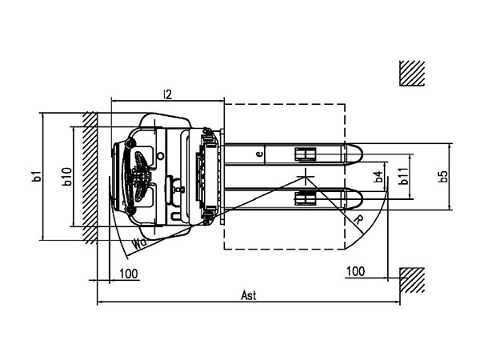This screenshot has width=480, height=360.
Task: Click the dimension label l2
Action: click(167, 94)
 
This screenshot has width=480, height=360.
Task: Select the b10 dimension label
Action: click(68, 177)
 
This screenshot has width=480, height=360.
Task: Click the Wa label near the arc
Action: click(138, 241)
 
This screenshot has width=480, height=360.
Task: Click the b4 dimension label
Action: click(378, 176)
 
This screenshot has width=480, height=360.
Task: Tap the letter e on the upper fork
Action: click(258, 153)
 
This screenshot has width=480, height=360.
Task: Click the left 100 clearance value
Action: click(128, 273)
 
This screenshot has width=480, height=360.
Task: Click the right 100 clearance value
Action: click(355, 272)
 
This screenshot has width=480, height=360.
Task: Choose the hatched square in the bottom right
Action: click(411, 279)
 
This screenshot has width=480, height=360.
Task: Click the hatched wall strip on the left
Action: click(89, 177)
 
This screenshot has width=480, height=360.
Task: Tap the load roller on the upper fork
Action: click(305, 153)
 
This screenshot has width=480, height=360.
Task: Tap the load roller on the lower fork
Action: click(305, 197)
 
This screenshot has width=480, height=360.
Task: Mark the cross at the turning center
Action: click(305, 175)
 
